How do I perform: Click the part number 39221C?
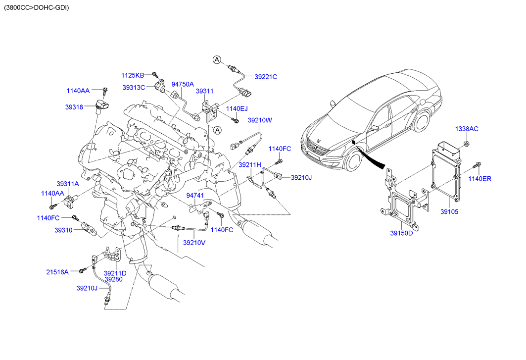pyautogui.click(x=266, y=77)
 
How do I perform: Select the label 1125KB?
pyautogui.click(x=133, y=75)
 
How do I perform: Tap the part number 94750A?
pyautogui.click(x=183, y=84)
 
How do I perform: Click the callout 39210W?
pyautogui.click(x=260, y=120)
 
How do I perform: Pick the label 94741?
pyautogui.click(x=195, y=196)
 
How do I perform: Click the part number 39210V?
pyautogui.click(x=194, y=243)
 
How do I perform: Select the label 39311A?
pyautogui.click(x=67, y=184)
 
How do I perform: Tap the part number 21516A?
pyautogui.click(x=58, y=271)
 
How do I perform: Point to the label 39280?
pyautogui.click(x=113, y=280)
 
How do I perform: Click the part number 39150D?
pyautogui.click(x=401, y=233)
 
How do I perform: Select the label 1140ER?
pyautogui.click(x=479, y=179)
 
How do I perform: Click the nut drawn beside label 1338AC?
pyautogui.click(x=467, y=145)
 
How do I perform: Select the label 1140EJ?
pyautogui.click(x=237, y=108)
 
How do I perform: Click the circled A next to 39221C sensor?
pyautogui.click(x=217, y=60)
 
